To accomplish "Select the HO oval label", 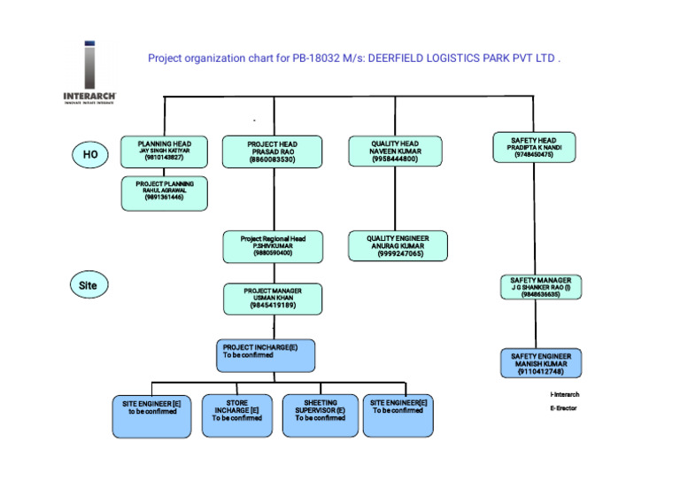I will pyautogui.click(x=90, y=155).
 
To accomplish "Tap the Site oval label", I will pyautogui.click(x=89, y=285).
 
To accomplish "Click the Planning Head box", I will pyautogui.click(x=165, y=151).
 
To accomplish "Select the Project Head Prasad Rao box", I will pyautogui.click(x=272, y=151).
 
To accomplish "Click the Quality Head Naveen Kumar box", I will pyautogui.click(x=395, y=151).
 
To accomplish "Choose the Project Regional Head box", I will pyautogui.click(x=272, y=245).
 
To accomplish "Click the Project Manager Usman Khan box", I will pyautogui.click(x=272, y=298).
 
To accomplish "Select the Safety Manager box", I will pyautogui.click(x=540, y=288).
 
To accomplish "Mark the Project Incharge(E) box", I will pyautogui.click(x=266, y=355).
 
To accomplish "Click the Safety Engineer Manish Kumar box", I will pyautogui.click(x=540, y=364).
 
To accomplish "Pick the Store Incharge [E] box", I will pyautogui.click(x=236, y=415).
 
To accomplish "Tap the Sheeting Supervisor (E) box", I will pyautogui.click(x=320, y=415).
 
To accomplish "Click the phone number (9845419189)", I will pyautogui.click(x=272, y=306).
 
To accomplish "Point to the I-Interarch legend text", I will pyautogui.click(x=565, y=393).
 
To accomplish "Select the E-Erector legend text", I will pyautogui.click(x=563, y=408).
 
